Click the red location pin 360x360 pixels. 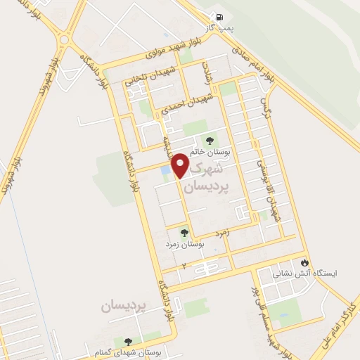180,165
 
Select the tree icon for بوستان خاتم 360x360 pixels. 209,139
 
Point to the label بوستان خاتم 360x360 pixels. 209,150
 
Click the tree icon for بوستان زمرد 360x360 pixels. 184,232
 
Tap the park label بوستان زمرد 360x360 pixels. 184,244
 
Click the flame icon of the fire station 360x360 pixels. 304,262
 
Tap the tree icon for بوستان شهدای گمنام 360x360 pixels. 127,341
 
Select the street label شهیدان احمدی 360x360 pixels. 186,104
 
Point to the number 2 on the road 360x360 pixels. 184,266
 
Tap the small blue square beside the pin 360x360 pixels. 165,170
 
